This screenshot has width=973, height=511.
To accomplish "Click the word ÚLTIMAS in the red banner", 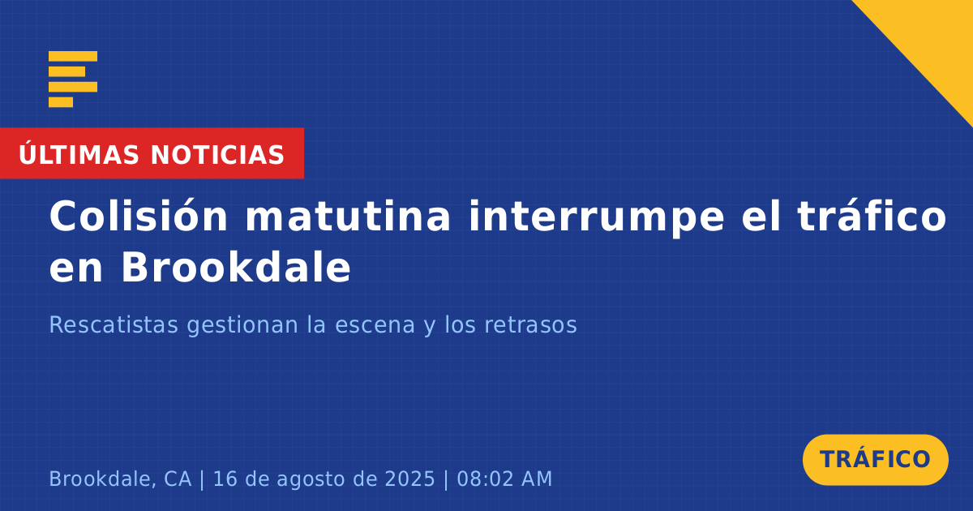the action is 79,153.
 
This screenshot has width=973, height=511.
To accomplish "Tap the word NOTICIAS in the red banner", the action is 217,155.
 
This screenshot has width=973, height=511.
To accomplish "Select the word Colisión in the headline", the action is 138,216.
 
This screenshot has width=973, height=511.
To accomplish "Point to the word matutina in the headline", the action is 348,216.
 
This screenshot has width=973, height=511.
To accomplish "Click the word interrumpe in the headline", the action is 597,217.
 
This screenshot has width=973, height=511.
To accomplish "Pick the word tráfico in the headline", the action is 872,216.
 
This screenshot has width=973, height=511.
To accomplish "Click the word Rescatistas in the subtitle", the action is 114,324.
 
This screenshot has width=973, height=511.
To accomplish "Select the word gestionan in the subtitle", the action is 242,326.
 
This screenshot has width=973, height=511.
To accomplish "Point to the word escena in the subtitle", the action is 375,326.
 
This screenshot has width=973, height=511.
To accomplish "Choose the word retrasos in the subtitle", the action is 530,325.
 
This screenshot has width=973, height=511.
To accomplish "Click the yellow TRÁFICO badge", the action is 875,459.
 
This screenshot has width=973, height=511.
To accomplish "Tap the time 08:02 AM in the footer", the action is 504,479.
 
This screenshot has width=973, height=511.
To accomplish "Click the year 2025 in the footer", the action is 409,479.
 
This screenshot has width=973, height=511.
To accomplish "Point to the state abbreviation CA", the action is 178,479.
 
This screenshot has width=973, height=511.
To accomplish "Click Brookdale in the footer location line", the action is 100,479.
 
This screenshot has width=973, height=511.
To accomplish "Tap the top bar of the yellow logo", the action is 73,56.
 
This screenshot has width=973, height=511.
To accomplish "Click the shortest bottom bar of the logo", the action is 61,102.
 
